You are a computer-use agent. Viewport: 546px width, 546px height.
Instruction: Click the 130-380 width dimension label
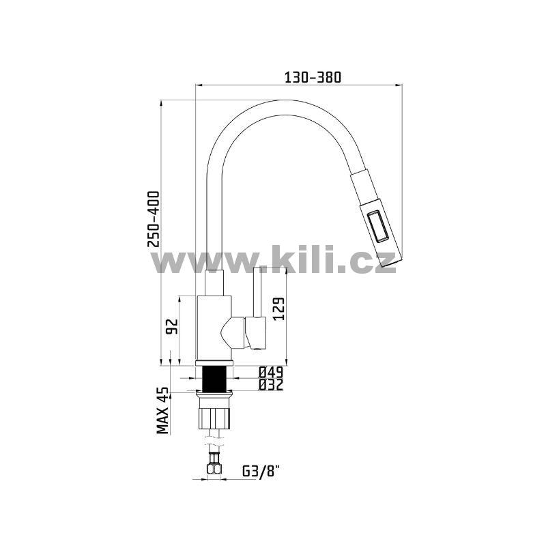[313, 77]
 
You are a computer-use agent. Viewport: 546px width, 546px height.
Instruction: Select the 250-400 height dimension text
[154, 219]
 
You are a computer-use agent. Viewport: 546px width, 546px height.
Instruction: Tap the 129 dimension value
[279, 309]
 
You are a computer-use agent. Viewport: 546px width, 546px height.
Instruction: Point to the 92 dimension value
[172, 327]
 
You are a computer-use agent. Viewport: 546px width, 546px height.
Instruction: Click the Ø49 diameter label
[271, 373]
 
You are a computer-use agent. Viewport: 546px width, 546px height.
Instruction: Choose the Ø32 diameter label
[271, 385]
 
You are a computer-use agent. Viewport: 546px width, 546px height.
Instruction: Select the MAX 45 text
[162, 411]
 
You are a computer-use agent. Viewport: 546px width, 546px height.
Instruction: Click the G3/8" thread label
[261, 472]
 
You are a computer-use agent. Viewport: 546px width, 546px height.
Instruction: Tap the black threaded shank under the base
[214, 379]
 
